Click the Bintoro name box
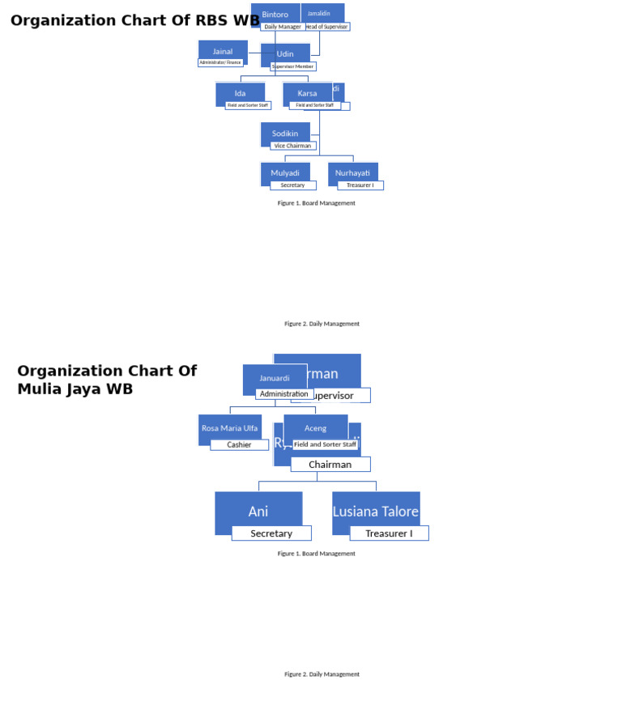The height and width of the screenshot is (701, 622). (x=275, y=14)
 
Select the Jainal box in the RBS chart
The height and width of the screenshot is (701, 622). (x=223, y=51)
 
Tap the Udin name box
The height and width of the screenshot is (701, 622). (x=285, y=53)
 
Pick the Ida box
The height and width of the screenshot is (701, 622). (x=240, y=93)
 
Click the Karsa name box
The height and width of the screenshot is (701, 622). (x=307, y=93)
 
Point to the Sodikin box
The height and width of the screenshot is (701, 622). (x=285, y=133)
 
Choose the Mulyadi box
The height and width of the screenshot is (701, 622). (x=285, y=172)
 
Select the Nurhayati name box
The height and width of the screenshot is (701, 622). (x=352, y=172)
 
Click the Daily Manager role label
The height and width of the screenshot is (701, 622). (x=283, y=27)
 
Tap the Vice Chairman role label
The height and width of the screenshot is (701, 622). (x=292, y=146)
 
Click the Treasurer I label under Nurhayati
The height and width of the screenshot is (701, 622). (x=360, y=185)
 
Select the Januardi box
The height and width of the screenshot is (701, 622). (x=275, y=377)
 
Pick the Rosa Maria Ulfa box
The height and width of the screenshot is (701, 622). (x=230, y=427)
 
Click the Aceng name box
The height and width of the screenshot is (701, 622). (x=316, y=427)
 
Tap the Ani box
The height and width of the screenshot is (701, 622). (x=258, y=512)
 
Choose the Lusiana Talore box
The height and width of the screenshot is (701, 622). (x=376, y=512)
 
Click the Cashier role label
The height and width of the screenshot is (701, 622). (x=239, y=444)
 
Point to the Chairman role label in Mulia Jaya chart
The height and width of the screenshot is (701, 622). (x=330, y=465)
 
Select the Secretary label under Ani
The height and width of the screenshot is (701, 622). (x=271, y=533)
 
